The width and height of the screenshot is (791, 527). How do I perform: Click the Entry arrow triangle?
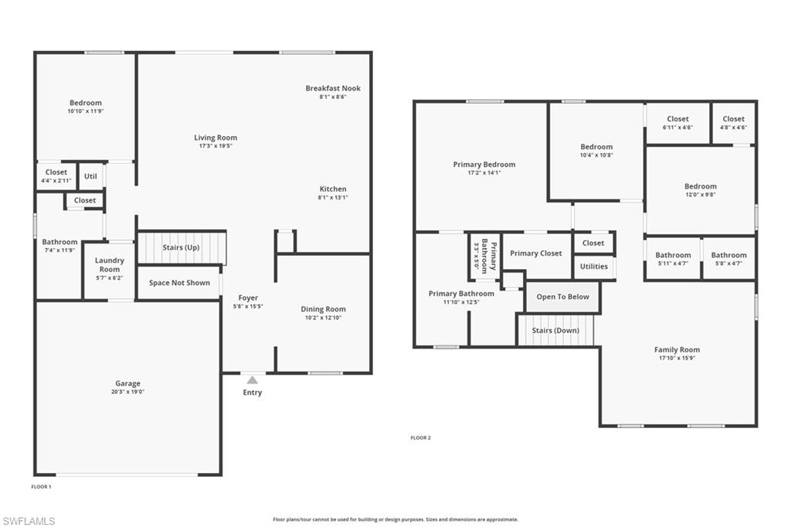(x=253, y=380)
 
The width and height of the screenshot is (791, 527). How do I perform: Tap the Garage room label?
(x=127, y=383)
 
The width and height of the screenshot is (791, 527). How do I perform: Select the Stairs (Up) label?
(x=181, y=247)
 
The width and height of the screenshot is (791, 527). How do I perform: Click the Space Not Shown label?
(x=179, y=283)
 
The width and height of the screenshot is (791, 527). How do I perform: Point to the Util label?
(x=90, y=176)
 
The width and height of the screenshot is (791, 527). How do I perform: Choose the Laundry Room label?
(x=110, y=264)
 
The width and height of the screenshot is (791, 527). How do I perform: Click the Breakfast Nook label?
(x=333, y=88)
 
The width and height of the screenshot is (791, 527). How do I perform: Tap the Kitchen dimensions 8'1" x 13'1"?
(x=333, y=197)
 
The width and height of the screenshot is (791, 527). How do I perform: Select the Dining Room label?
(x=324, y=309)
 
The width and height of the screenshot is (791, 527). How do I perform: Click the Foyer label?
(x=248, y=297)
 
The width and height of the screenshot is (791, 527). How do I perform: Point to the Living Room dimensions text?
(x=216, y=146)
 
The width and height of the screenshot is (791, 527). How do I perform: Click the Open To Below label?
(x=563, y=297)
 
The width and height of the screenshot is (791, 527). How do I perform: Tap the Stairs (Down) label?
(x=555, y=331)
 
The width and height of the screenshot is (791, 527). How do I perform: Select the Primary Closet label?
(x=536, y=253)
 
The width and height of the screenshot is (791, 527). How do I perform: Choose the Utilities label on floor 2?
(x=594, y=267)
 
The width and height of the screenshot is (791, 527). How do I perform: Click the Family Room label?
(x=677, y=349)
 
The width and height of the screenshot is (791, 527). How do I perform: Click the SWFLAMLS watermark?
(x=29, y=521)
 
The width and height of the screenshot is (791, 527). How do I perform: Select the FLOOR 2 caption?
(x=421, y=437)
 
